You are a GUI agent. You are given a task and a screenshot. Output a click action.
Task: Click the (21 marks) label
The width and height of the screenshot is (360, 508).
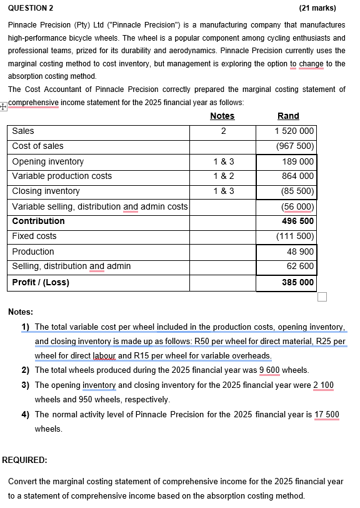click(x=318, y=8)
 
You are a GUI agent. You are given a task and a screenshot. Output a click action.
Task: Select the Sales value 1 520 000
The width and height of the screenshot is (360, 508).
click(x=294, y=131)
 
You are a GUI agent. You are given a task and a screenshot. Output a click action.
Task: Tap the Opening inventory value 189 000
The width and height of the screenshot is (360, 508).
click(x=298, y=161)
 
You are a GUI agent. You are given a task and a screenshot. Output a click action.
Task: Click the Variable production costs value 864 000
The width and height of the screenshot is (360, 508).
click(x=298, y=176)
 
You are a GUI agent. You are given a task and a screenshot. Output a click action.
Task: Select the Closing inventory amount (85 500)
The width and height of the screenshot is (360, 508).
click(x=297, y=191)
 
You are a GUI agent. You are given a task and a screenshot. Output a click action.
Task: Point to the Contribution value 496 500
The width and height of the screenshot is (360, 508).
click(x=297, y=221)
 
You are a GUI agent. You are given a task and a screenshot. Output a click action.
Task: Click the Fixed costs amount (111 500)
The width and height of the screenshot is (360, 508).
click(x=295, y=236)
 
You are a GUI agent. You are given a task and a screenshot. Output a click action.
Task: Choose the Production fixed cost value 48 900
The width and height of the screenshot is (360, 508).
click(x=300, y=251)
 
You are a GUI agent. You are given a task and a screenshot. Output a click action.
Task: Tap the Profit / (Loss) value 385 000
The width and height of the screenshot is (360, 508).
click(x=297, y=283)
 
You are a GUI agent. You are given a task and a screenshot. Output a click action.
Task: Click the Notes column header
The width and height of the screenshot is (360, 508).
click(x=222, y=116)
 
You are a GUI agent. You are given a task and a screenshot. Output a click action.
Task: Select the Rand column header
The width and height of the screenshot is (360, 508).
click(x=288, y=116)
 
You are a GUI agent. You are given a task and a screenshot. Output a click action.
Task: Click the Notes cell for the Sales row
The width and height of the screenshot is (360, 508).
click(x=223, y=131)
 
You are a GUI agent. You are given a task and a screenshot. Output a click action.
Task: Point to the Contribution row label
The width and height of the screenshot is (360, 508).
click(x=38, y=221)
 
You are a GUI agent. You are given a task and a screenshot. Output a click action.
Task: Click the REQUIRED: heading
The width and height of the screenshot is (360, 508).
click(x=24, y=460)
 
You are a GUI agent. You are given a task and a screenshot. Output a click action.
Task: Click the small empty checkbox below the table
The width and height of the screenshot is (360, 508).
click(x=322, y=297)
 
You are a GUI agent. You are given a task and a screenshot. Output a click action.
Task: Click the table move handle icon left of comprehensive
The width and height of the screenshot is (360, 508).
click(x=4, y=106)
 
